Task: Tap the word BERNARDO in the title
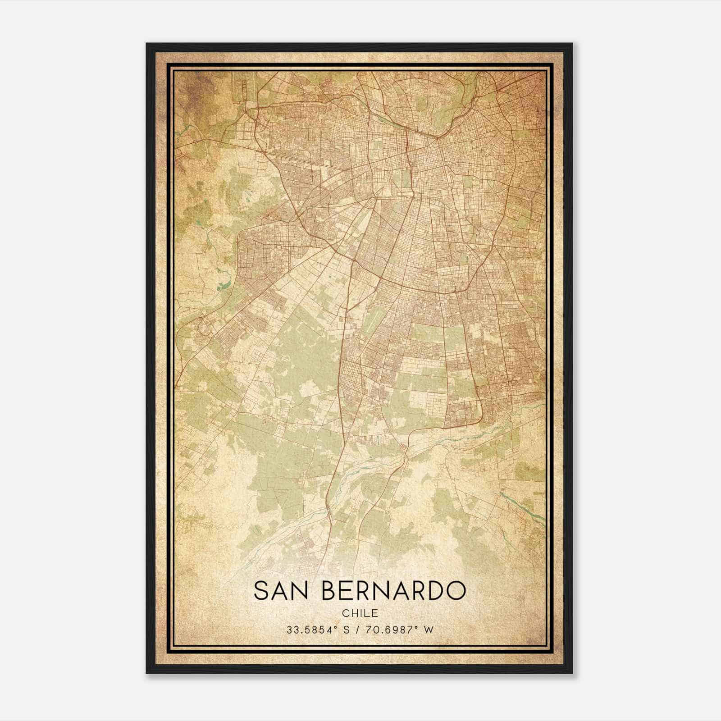(x=395, y=590)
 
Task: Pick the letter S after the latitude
(x=347, y=630)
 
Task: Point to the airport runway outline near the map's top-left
(x=244, y=92)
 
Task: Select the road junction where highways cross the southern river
(x=407, y=456)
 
